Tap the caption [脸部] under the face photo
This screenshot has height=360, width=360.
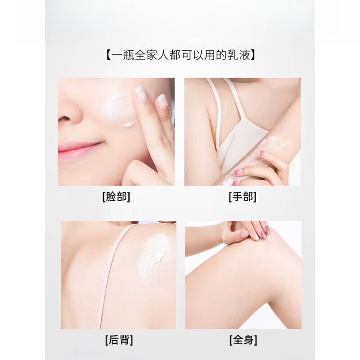pyautogui.click(x=116, y=197)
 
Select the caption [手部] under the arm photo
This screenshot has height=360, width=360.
pyautogui.click(x=243, y=197)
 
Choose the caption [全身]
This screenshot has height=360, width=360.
pyautogui.click(x=243, y=339)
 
